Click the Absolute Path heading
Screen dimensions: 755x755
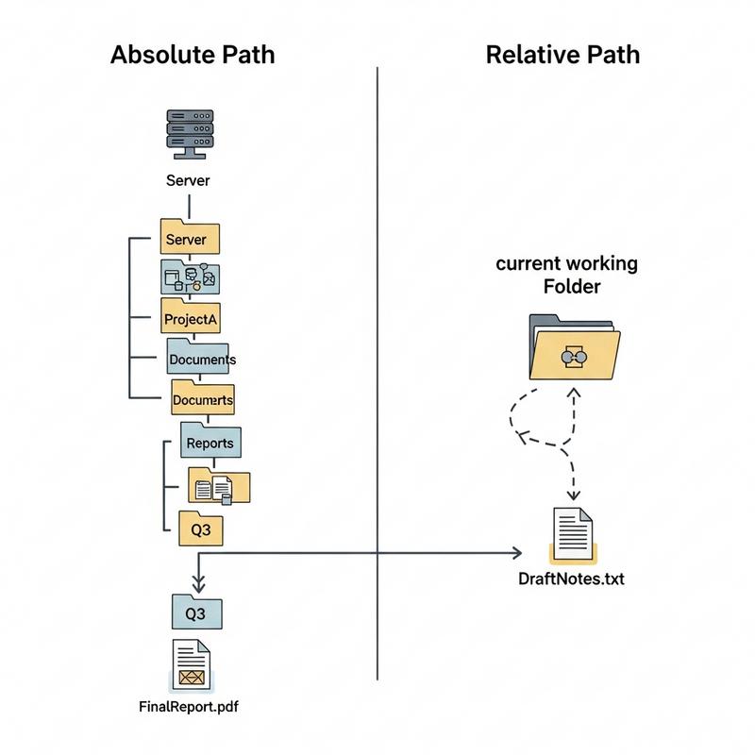click(193, 54)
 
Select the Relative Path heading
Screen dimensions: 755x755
click(562, 54)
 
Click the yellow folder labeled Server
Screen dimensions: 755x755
click(190, 238)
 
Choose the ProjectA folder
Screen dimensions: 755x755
click(191, 317)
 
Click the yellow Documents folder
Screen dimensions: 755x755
click(202, 398)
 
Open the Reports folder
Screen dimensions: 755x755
click(210, 441)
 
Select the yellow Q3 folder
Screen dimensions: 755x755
click(200, 528)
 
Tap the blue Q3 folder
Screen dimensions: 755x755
click(195, 612)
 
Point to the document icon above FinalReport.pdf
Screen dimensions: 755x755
click(192, 664)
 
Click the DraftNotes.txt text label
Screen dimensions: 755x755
click(571, 578)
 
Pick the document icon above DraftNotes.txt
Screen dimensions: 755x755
click(573, 534)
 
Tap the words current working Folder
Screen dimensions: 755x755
click(566, 273)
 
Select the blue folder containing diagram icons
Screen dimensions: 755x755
click(190, 277)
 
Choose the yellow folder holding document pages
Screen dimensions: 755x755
click(219, 485)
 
